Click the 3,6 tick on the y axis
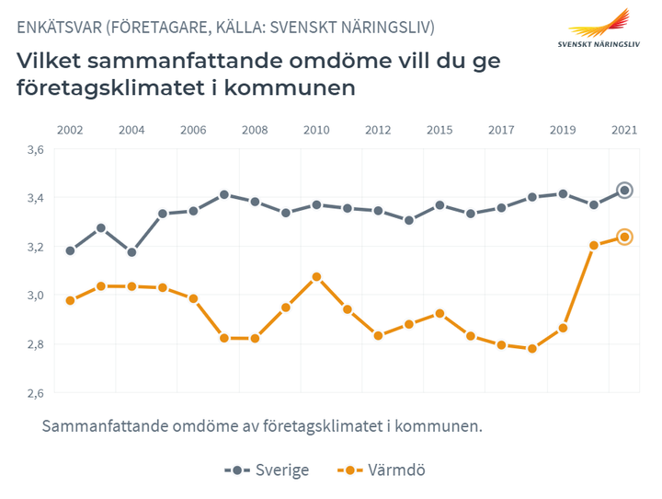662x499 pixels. tap(35, 149)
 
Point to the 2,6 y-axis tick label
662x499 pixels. tap(35, 393)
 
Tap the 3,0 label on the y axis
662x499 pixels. tap(35, 296)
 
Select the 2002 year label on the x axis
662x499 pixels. tap(70, 130)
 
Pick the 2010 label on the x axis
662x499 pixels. tap(316, 130)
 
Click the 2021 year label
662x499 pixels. tap(624, 130)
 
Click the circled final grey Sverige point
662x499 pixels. tap(624, 191)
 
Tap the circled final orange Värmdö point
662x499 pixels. tap(624, 238)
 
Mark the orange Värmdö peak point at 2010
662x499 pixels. tap(316, 276)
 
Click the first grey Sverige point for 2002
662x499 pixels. tap(70, 250)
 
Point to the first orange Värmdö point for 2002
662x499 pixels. tap(70, 300)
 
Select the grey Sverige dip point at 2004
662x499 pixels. tap(131, 252)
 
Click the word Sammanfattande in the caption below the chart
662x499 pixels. tap(102, 427)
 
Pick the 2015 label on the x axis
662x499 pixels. tap(439, 130)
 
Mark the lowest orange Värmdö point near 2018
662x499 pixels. tap(531, 349)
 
